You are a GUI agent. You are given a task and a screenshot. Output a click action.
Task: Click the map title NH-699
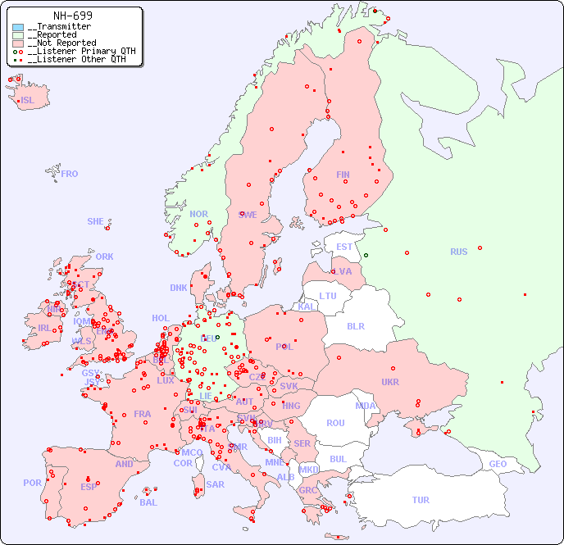72,16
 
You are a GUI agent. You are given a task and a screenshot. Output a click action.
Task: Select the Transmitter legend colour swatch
18,27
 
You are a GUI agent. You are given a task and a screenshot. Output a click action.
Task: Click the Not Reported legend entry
61,43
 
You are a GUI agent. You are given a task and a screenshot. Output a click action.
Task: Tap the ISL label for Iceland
28,101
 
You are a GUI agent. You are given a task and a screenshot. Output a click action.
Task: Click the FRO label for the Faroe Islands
70,174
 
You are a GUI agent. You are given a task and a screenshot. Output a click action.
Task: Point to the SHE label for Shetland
96,221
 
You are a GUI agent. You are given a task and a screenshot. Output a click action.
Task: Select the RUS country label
458,252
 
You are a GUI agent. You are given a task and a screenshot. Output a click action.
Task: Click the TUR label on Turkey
421,500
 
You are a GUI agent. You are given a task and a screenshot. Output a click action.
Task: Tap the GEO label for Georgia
498,464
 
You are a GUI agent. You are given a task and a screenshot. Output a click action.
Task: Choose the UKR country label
390,382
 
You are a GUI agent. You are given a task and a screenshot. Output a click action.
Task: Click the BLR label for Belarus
355,325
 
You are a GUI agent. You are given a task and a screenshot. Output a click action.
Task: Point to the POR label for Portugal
32,483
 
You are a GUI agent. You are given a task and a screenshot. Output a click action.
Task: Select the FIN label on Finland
343,175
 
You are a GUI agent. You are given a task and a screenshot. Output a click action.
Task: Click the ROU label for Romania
335,423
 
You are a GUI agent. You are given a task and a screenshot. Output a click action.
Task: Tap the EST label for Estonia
344,247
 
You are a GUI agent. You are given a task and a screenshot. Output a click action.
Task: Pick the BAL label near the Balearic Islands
148,502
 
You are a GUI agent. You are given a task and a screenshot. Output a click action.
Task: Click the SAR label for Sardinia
215,484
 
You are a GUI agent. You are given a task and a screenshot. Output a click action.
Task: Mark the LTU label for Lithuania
328,296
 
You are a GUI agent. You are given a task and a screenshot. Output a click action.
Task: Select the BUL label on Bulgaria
338,459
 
